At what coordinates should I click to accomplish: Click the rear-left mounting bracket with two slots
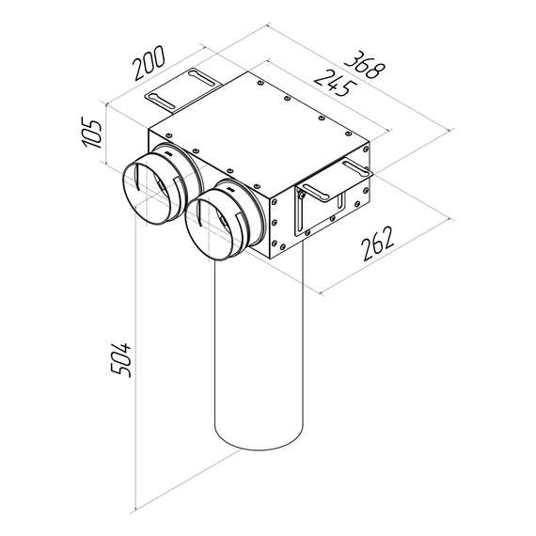[x=183, y=87]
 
